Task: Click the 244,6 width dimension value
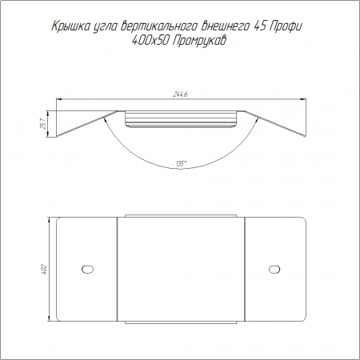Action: click(181, 94)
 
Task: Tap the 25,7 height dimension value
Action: click(43, 124)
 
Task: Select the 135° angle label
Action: click(180, 163)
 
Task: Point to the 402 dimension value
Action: click(44, 270)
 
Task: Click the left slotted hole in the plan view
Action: click(87, 269)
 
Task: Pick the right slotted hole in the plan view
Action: click(274, 269)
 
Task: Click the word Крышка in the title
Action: click(69, 26)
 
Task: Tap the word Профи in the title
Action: click(286, 26)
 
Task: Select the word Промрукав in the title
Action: click(199, 41)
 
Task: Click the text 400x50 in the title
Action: click(151, 41)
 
